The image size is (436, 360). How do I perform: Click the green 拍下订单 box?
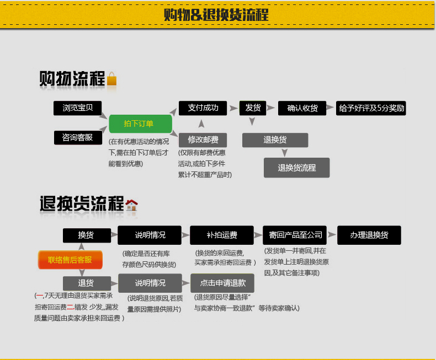point(139,124)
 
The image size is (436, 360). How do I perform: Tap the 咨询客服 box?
point(78,137)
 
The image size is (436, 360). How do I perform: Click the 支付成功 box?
point(203,108)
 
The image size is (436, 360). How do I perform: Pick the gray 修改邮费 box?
point(203,139)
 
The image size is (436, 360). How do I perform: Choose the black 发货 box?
point(253,108)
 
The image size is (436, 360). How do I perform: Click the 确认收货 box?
point(302,108)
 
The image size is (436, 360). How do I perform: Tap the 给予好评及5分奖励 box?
point(371,108)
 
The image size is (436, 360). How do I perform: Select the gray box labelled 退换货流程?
point(296,168)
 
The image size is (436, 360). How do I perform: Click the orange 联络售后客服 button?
point(70,260)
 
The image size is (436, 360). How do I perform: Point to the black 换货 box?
point(86,235)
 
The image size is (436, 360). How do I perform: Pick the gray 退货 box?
point(86,283)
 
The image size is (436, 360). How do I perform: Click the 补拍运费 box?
point(222,235)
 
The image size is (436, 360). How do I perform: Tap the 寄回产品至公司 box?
point(295,235)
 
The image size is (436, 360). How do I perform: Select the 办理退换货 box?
point(369,235)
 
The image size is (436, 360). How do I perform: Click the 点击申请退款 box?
point(222,283)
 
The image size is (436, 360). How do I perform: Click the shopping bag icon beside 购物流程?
point(112,79)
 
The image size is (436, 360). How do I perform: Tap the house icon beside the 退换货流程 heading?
point(131,205)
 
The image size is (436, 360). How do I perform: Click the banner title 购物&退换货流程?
point(216,15)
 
